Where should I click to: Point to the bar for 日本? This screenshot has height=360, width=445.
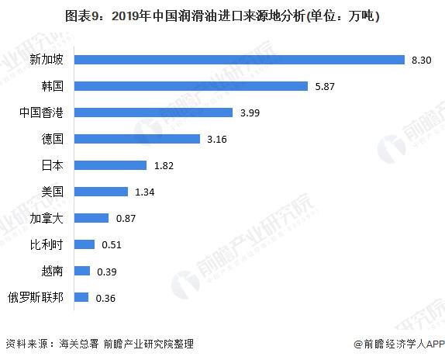[x=110, y=165]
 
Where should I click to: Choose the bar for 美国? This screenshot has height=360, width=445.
[x=101, y=192]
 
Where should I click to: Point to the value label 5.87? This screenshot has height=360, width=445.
[x=326, y=86]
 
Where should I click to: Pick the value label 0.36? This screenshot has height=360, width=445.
[x=105, y=297]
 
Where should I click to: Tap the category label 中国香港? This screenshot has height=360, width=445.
[x=42, y=112]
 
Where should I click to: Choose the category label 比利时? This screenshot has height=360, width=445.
[x=47, y=244]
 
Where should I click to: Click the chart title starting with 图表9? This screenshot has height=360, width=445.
[x=222, y=16]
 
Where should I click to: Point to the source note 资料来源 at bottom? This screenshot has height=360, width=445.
[x=99, y=344]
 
